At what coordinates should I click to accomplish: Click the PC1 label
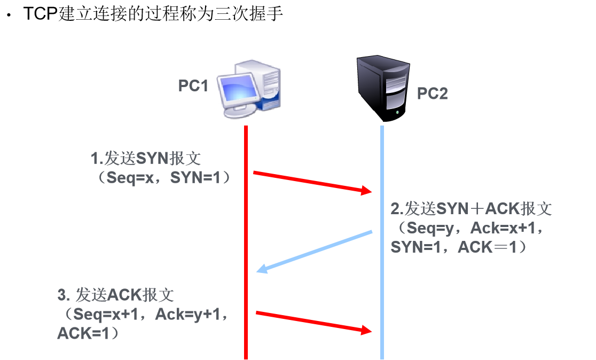pyautogui.click(x=193, y=85)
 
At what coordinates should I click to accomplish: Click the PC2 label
pyautogui.click(x=432, y=93)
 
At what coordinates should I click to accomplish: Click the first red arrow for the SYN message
pyautogui.click(x=312, y=182)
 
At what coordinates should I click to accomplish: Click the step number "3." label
pyautogui.click(x=64, y=295)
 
